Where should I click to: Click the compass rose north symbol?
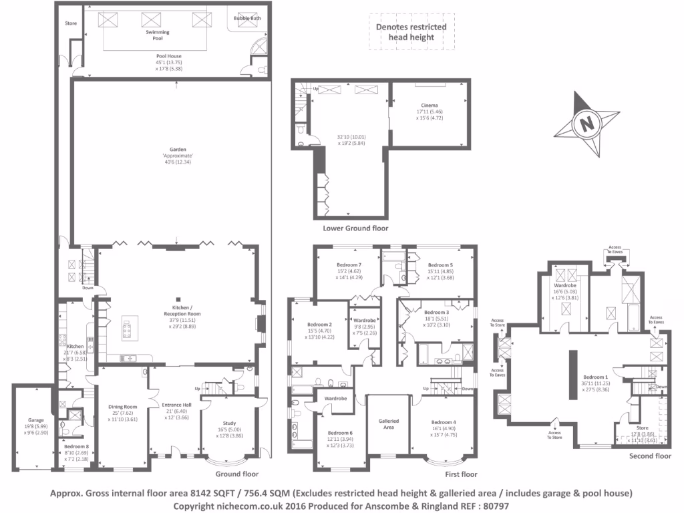[586, 123]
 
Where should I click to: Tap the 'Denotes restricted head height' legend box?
[412, 32]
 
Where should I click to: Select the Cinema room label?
[430, 106]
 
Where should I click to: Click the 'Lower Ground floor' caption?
[355, 228]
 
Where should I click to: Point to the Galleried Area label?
[389, 424]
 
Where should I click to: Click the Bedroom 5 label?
[441, 265]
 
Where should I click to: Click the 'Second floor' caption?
[649, 456]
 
